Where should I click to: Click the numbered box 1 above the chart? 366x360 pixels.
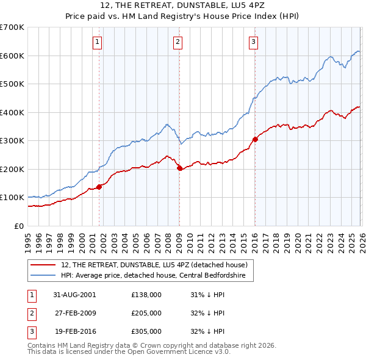(98, 42)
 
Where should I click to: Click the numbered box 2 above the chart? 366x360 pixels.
(178, 42)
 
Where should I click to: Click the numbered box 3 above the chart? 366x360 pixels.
(253, 42)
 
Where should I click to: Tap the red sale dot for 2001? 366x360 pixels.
(99, 187)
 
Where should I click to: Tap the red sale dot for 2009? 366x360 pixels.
(179, 168)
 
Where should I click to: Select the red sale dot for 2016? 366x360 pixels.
(255, 139)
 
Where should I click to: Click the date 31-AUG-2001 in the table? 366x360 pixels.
(74, 295)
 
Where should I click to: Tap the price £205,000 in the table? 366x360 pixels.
(146, 313)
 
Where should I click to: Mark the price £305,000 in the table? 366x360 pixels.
(146, 331)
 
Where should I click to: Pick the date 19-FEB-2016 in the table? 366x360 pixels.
(74, 331)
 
